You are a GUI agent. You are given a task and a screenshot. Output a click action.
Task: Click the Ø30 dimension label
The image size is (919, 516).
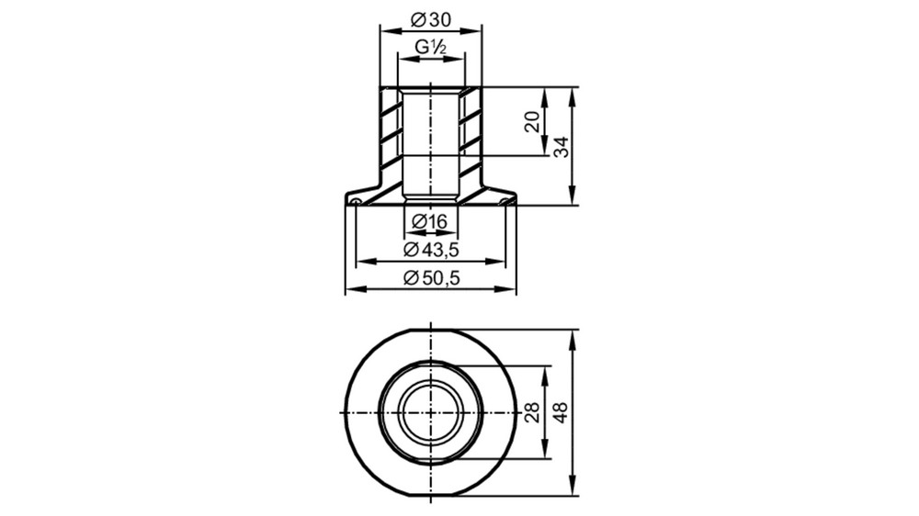tap(431, 20)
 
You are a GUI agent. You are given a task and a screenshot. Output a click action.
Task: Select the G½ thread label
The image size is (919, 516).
tap(431, 47)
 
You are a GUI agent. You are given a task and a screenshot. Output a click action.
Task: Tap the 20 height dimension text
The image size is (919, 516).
tap(532, 122)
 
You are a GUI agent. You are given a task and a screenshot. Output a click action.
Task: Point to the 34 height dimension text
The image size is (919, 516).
tap(561, 146)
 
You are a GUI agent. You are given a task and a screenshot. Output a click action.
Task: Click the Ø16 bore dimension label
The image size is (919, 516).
tap(429, 221)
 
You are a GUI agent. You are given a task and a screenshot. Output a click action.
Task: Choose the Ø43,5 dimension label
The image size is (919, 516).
tap(431, 250)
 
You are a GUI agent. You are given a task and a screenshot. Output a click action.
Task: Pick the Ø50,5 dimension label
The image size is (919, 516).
tap(431, 277)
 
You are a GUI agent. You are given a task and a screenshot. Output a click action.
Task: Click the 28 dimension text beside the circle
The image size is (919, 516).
tap(532, 412)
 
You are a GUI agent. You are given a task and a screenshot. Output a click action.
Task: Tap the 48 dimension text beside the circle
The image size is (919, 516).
tap(561, 412)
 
